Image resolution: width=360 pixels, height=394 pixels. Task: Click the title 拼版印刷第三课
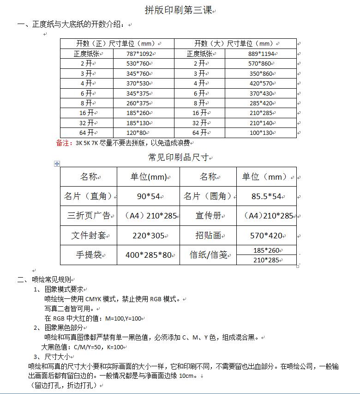coord(179,10)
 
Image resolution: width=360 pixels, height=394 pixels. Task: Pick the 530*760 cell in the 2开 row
coord(138,64)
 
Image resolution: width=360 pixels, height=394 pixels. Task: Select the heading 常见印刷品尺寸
coord(178,158)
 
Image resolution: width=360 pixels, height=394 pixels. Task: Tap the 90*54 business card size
coord(148,196)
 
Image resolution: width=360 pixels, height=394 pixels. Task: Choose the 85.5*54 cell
coord(266,196)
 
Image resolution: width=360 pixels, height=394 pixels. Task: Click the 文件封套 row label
coord(89,236)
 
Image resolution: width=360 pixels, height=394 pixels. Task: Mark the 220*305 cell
coord(148,236)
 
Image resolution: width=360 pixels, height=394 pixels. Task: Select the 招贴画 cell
coord(208,236)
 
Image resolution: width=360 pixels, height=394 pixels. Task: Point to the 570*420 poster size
coord(266,236)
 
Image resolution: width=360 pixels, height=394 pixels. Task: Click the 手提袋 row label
coord(89,255)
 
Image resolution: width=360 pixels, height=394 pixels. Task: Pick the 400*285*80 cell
coord(148,255)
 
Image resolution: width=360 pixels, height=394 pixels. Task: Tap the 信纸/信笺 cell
coord(208,255)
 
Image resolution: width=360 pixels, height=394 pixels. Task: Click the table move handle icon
coord(57,164)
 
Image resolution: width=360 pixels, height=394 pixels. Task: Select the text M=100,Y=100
coord(124,319)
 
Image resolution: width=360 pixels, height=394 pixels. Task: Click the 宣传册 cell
coord(208,216)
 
